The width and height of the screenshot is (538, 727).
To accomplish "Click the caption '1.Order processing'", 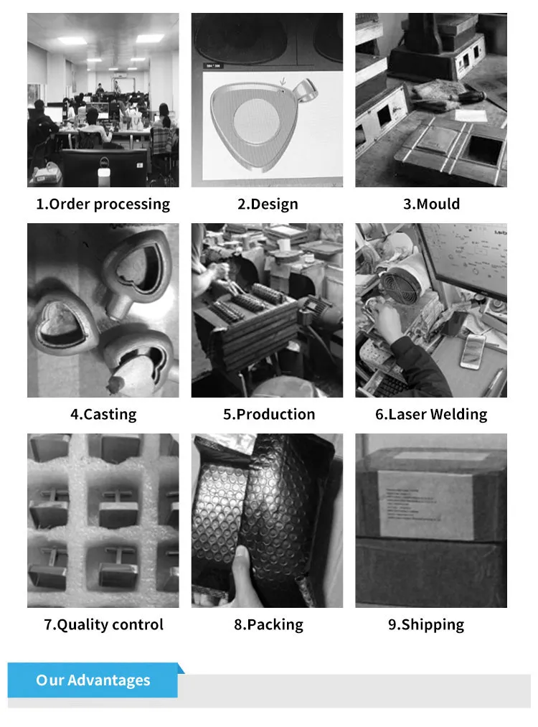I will [x=103, y=204].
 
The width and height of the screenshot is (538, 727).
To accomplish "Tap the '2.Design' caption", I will [x=268, y=204].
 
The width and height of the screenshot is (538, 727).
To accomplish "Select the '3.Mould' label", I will [x=431, y=204].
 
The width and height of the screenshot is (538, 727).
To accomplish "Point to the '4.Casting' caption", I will [x=103, y=414].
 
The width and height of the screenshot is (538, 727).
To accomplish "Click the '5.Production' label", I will [x=268, y=414].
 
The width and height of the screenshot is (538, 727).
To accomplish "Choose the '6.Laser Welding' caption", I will [x=431, y=414].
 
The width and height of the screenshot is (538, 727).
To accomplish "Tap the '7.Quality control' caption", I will [x=103, y=624].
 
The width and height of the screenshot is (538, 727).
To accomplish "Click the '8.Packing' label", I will [x=268, y=624].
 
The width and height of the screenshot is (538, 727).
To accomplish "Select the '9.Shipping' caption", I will [x=426, y=624].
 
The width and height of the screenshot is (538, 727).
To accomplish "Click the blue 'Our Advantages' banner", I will [x=93, y=680].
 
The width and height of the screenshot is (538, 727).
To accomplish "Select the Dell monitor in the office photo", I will [x=104, y=166].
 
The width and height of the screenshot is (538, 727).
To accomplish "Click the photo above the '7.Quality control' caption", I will [x=103, y=520].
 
